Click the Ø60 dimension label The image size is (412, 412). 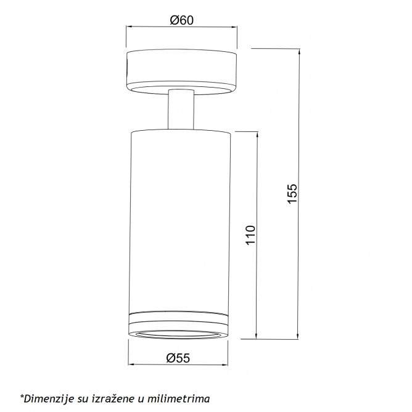coord(181,20)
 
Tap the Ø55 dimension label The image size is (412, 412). coord(178,358)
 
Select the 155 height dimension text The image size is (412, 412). coord(292,194)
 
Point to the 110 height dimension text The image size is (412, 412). coord(250,235)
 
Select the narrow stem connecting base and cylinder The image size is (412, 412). coord(181,110)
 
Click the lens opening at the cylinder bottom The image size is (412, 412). coord(178,334)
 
